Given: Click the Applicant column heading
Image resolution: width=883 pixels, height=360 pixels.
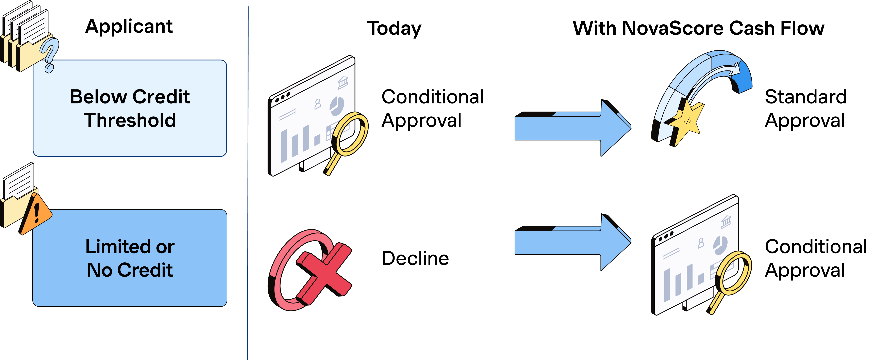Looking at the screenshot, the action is (129, 27).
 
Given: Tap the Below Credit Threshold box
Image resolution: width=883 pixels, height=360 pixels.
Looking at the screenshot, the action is (130, 108).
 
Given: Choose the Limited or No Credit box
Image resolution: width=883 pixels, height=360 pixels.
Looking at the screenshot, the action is (130, 258).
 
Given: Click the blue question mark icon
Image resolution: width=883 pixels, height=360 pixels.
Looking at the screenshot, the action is (50, 55).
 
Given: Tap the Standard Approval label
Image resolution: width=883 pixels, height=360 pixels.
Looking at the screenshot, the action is (805, 108).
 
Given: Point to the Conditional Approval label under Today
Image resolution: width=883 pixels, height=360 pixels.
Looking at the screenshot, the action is (433, 108).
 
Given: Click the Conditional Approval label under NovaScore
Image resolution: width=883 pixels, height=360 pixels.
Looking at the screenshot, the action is (816, 258).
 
